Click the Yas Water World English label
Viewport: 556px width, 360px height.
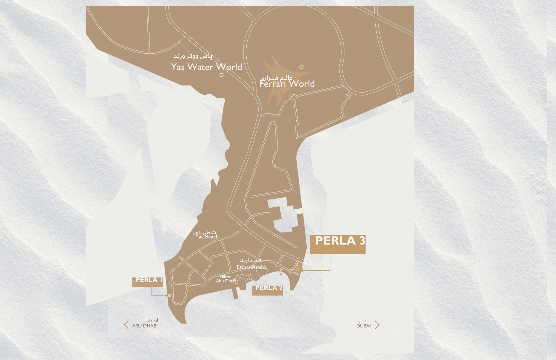click(206, 67)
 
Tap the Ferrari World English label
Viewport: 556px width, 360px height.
click(287, 84)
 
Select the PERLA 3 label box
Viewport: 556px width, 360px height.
click(337, 244)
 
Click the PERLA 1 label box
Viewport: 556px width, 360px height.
click(147, 282)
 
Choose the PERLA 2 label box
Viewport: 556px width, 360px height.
click(267, 290)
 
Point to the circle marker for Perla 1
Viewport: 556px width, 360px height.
click(170, 295)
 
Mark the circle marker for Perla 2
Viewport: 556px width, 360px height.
click(281, 269)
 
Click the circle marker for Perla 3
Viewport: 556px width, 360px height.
click(298, 270)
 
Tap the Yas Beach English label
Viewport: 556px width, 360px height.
click(207, 237)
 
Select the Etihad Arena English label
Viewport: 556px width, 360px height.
click(251, 267)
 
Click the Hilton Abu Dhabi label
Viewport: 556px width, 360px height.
click(226, 279)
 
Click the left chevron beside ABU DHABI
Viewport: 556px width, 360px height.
click(126, 325)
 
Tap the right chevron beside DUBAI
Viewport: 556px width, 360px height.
click(377, 325)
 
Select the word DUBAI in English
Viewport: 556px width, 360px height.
click(364, 326)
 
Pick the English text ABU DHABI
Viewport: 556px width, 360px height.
click(145, 326)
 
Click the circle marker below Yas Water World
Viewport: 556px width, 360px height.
click(221, 75)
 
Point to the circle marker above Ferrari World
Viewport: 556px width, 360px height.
click(301, 67)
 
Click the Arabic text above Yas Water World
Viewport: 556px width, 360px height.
click(193, 56)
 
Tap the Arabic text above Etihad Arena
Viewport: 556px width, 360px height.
click(250, 260)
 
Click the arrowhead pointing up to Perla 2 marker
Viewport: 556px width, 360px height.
click(281, 274)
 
